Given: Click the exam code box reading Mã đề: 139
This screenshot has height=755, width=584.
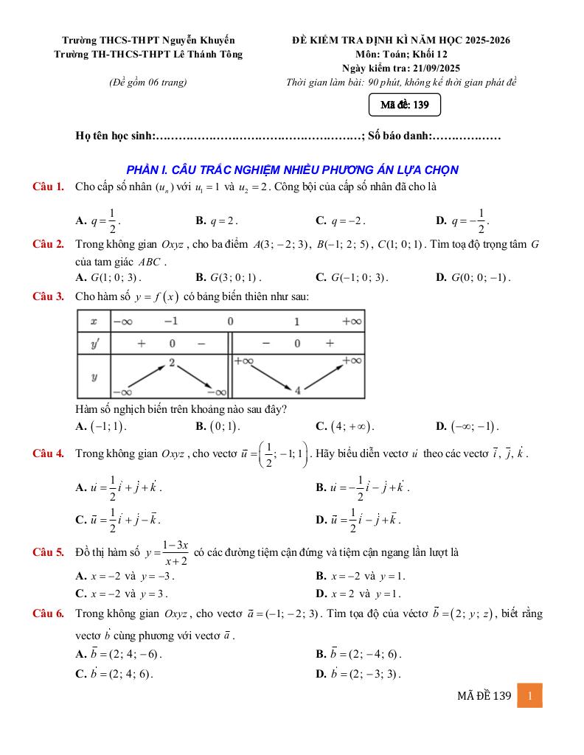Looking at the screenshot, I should coord(405,105).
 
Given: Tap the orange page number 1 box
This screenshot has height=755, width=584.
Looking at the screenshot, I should coord(529,695).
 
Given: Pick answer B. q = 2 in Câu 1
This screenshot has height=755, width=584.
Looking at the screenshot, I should coord(217,220).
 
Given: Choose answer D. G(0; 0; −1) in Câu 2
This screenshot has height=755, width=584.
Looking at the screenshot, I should coord(473,277).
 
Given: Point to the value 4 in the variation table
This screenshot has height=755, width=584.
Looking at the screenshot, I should coord(298,390).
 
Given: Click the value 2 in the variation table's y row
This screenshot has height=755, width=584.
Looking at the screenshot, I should coord(171,363).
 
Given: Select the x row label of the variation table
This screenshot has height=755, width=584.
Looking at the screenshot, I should coord(94,321).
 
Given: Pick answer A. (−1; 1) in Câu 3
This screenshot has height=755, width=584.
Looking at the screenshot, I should coord(102,426).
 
